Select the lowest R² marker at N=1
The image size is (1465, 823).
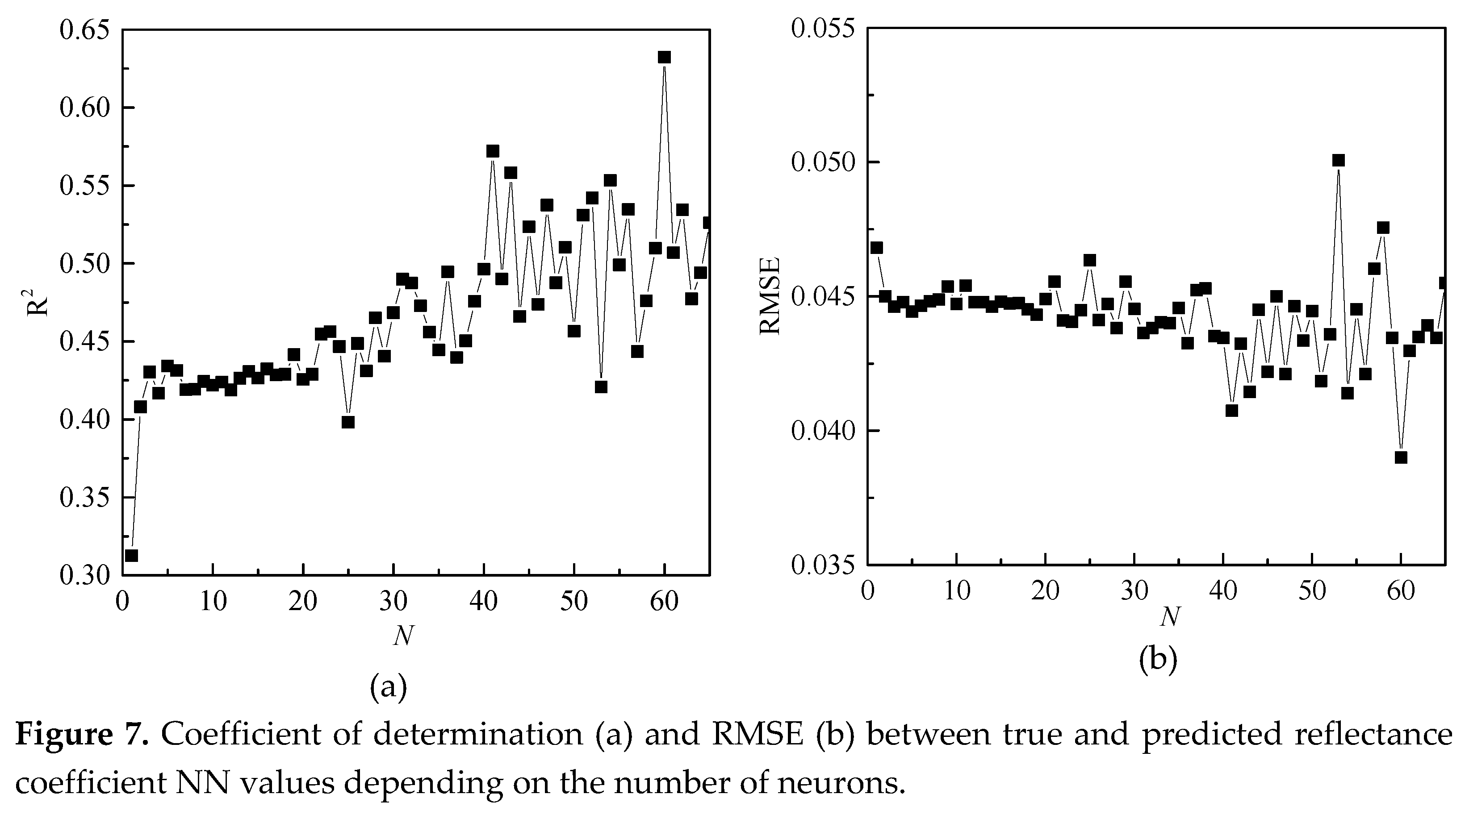click(x=131, y=555)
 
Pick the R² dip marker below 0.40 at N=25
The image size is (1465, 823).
click(x=348, y=422)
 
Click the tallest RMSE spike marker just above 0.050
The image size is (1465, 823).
click(x=1338, y=160)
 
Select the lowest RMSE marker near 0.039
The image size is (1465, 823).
click(x=1401, y=457)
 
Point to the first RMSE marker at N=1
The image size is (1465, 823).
click(x=876, y=247)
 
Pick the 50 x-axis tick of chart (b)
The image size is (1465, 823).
click(x=1312, y=591)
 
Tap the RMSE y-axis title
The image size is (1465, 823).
click(x=770, y=296)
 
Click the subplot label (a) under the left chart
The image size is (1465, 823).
click(x=389, y=687)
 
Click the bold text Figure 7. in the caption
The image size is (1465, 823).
click(x=81, y=734)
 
